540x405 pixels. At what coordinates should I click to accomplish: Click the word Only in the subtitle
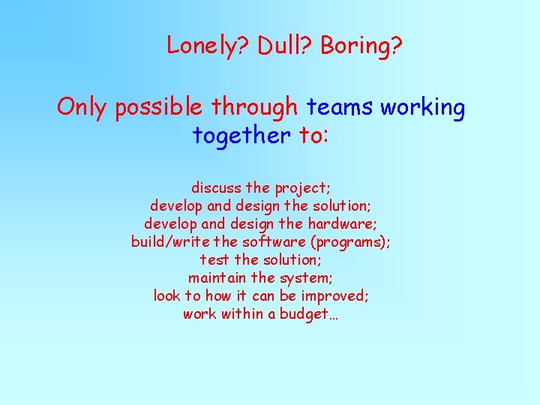tap(82, 108)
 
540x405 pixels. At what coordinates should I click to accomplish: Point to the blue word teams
tap(340, 108)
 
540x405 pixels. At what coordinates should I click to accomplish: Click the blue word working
tap(422, 108)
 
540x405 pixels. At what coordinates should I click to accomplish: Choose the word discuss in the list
tap(215, 187)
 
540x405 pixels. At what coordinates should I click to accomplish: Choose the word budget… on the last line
tap(310, 313)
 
